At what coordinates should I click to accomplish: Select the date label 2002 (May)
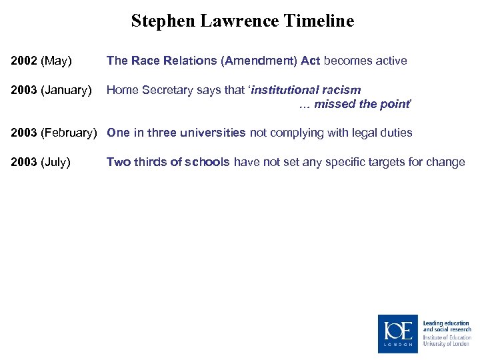pos(41,61)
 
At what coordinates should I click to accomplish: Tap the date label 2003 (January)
pos(51,90)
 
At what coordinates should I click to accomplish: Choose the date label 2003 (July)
pos(41,162)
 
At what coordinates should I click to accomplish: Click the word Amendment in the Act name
pos(261,61)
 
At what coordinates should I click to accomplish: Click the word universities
pos(213,133)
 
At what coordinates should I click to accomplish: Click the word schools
pos(206,162)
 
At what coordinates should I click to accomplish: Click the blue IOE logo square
pos(398,333)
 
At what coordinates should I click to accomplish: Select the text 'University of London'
pos(447,344)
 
